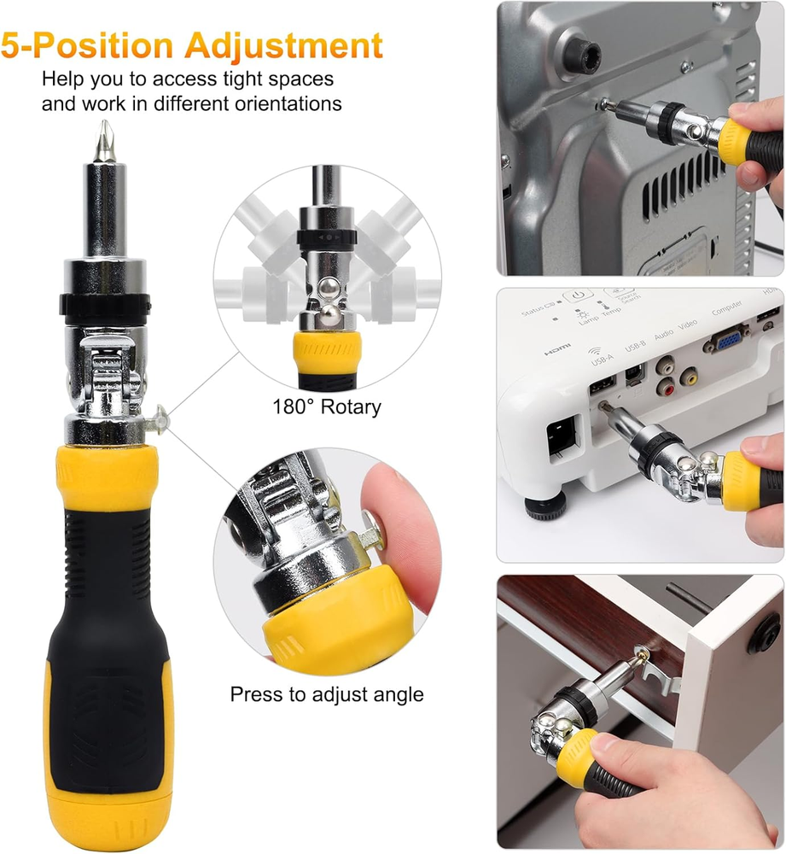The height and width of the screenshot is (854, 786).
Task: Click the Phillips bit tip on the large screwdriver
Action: [104, 141]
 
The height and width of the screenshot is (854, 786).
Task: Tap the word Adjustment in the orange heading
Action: [283, 45]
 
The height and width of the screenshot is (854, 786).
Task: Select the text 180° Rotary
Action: [327, 407]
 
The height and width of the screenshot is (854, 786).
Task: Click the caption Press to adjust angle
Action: [327, 694]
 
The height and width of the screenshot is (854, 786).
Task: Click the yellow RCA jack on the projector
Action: [689, 375]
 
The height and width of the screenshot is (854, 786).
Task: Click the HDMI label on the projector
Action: [557, 349]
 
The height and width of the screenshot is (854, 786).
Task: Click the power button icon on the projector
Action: [578, 295]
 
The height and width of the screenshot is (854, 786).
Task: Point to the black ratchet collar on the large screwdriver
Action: [104, 302]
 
